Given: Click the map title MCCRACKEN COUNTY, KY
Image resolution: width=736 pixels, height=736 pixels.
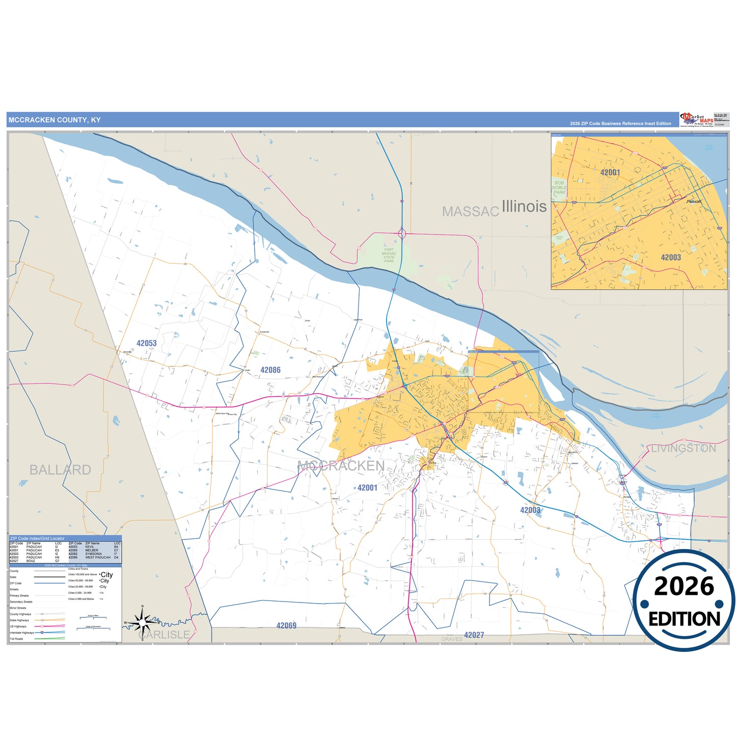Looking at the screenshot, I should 54,120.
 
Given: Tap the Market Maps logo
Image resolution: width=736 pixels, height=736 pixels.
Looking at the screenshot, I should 696,120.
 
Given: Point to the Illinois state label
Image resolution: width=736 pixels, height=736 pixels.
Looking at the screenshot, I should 524,206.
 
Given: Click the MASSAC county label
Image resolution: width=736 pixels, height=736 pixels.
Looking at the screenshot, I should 470,211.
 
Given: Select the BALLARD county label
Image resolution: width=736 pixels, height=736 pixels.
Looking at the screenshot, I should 60,470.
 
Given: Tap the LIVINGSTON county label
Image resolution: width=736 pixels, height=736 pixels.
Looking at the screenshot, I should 684,448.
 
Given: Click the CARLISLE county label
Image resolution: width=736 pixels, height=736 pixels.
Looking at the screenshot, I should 164,635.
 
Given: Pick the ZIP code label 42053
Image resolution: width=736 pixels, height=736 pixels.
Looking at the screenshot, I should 147,343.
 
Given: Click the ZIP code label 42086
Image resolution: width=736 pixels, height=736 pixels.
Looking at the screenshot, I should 270,370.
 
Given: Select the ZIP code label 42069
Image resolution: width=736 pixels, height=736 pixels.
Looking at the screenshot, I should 286,625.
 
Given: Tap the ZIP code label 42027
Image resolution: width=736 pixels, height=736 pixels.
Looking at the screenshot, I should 474,635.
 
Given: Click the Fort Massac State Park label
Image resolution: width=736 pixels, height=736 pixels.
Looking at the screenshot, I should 389,255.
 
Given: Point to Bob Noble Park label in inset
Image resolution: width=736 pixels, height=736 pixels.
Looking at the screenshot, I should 559,187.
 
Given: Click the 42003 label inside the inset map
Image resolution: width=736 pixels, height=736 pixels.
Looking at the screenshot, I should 671,258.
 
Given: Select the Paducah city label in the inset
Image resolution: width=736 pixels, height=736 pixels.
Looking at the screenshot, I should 694,202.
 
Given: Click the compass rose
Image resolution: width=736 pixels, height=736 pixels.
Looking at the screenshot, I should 143,622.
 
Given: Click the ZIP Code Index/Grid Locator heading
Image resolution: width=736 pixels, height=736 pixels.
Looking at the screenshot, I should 37,538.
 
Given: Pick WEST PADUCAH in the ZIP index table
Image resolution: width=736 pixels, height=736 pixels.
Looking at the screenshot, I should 98,557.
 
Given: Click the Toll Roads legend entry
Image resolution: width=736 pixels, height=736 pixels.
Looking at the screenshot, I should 16,639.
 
